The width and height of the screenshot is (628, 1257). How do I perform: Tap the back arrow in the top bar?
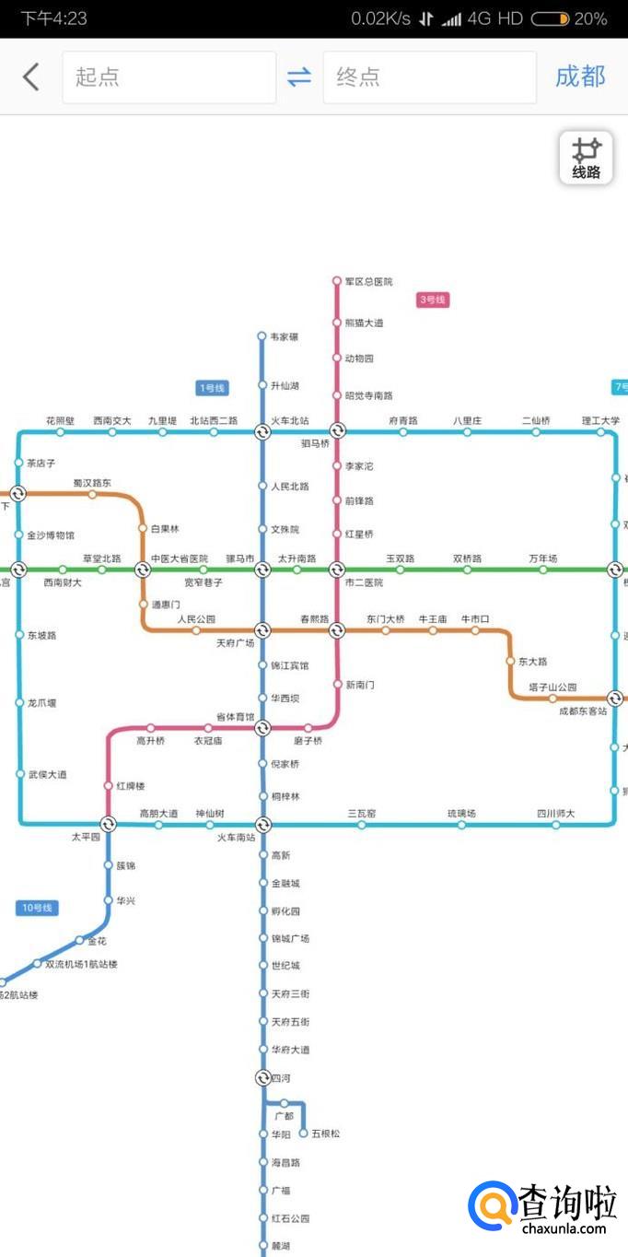[31, 76]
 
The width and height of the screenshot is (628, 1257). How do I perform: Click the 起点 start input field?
[169, 77]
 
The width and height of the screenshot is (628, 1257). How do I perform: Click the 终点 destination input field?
[429, 77]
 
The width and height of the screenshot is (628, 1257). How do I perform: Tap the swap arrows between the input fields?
[299, 77]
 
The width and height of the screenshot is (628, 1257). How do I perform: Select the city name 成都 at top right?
[580, 76]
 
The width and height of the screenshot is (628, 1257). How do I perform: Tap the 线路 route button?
[586, 159]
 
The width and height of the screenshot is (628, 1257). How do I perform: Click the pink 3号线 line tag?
[433, 300]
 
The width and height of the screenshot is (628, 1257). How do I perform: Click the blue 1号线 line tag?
[212, 388]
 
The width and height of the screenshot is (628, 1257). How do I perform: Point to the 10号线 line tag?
[38, 908]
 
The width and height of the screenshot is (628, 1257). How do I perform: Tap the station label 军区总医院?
[368, 281]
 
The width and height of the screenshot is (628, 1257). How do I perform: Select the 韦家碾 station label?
[284, 337]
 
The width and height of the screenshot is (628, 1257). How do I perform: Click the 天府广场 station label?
[235, 643]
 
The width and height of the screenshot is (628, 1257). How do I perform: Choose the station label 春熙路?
[314, 619]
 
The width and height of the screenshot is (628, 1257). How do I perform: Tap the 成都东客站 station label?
[583, 711]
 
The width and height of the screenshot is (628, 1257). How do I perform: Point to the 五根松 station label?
[326, 1134]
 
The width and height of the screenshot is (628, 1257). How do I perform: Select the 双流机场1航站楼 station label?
[81, 965]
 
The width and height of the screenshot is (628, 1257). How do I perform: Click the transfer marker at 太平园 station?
[108, 824]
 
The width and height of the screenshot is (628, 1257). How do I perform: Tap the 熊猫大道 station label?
[364, 323]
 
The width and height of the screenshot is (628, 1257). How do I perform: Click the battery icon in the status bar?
[550, 18]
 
